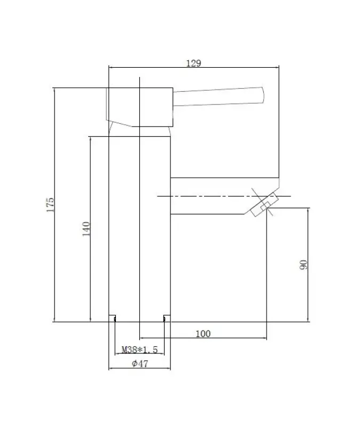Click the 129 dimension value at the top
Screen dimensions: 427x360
(193, 63)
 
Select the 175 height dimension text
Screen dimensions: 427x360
(51, 205)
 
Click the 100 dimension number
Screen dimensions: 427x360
(203, 334)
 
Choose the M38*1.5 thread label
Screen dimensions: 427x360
(139, 350)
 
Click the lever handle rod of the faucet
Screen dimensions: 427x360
(219, 96)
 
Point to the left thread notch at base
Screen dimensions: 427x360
(113, 319)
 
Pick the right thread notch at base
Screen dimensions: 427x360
(166, 319)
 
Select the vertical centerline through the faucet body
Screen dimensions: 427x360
(139, 240)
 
